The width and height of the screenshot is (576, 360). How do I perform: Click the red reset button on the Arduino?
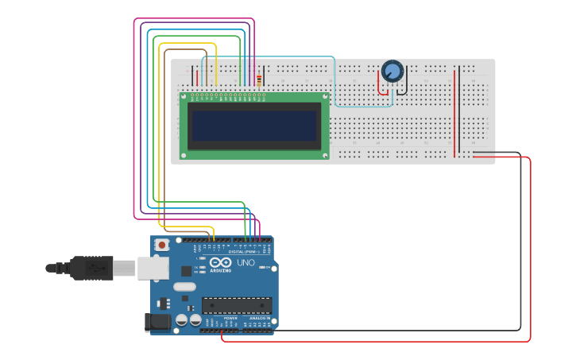[x=162, y=246]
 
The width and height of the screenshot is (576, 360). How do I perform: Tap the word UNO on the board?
[x=246, y=262]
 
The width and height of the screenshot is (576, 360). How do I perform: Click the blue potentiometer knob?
[x=392, y=71]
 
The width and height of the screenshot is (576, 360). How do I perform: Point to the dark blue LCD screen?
[x=253, y=126]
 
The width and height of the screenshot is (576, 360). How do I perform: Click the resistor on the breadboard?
[x=259, y=79]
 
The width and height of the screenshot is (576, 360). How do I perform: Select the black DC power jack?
[x=158, y=322]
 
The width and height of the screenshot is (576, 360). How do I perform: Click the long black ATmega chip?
[x=237, y=305]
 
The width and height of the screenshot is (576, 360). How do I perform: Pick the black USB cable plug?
[x=91, y=268]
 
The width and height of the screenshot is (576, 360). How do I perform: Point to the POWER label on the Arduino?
[x=219, y=318]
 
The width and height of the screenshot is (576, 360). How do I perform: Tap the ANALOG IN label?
[x=261, y=318]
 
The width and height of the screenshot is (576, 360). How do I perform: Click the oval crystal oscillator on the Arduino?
[x=184, y=287]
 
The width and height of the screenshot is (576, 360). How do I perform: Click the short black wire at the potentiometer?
[x=405, y=84]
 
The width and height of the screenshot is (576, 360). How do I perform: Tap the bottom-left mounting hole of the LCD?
[x=184, y=155]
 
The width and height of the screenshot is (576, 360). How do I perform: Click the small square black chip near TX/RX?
[x=186, y=270]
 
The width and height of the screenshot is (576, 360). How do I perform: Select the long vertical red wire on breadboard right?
[x=455, y=111]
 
